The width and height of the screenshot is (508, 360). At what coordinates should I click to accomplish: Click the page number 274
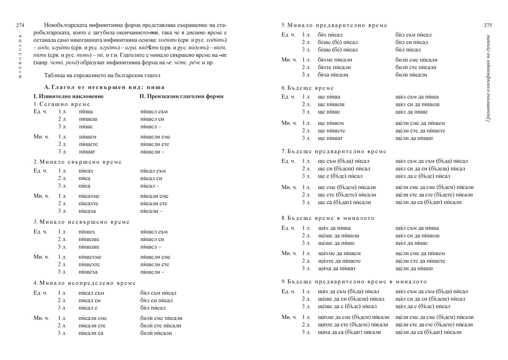coord(20,25)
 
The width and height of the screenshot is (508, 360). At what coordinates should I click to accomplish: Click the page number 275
coord(487,25)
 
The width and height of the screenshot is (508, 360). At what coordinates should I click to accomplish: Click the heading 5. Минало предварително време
coord(334,25)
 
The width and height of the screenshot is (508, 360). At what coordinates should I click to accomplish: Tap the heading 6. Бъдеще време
coord(308,88)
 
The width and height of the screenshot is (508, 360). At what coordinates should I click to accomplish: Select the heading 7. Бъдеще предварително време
coord(334,151)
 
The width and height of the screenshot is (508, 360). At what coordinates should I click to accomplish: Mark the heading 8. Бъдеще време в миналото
coord(328,218)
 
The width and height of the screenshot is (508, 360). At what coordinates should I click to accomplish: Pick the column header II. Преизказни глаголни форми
coord(181,96)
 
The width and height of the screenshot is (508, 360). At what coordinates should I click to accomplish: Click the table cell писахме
coord(88,196)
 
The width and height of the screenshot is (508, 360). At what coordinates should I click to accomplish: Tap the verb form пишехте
coord(89,264)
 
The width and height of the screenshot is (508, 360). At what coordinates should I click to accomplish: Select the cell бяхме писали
coord(335,60)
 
